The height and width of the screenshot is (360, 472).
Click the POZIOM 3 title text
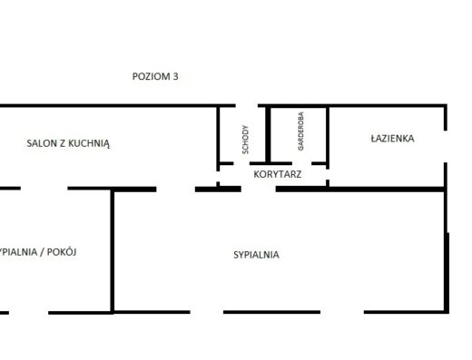[155, 76]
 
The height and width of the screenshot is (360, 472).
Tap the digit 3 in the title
[175, 76]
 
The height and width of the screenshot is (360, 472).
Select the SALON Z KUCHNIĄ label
[68, 143]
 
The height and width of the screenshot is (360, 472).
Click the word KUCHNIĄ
[89, 143]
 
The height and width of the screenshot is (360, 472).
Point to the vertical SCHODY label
[245, 140]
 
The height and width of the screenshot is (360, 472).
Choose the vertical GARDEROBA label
[300, 131]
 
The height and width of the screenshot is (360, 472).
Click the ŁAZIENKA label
[392, 139]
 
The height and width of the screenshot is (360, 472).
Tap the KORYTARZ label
[278, 174]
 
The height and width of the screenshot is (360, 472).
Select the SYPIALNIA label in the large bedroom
[256, 255]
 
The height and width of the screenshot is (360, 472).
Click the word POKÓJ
[62, 252]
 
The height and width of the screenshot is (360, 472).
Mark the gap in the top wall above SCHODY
[247, 105]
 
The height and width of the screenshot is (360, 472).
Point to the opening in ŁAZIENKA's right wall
[446, 147]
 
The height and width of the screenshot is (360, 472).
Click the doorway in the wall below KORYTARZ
[259, 190]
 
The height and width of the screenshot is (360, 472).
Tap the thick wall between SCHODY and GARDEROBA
[268, 135]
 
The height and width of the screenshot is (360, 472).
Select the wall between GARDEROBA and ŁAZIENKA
[328, 136]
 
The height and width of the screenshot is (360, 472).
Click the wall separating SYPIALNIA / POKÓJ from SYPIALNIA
[113, 251]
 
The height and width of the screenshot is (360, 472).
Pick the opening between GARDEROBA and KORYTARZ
[301, 163]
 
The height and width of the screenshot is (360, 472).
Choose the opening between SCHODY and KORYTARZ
[241, 163]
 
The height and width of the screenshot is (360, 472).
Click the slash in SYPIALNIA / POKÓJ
[42, 252]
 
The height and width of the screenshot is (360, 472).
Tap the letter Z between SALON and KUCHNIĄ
[63, 143]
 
